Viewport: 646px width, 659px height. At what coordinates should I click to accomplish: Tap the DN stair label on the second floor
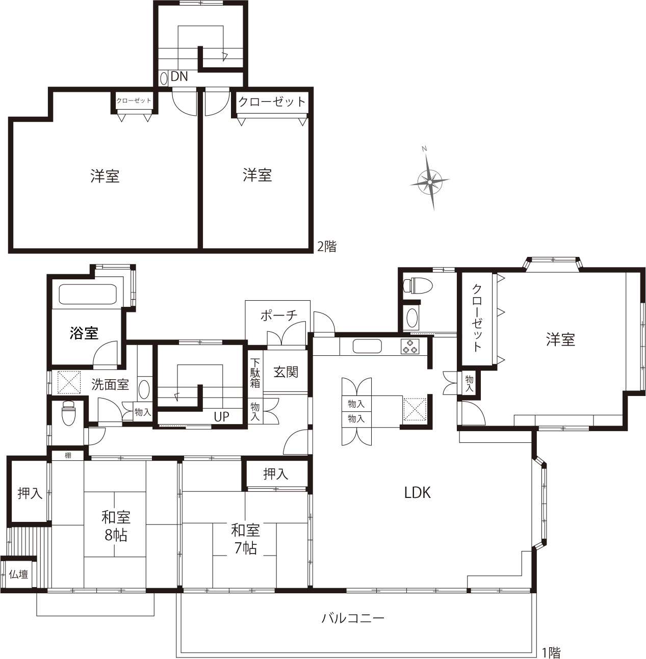tap(179, 76)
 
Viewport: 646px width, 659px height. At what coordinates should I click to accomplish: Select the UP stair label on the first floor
tap(221, 416)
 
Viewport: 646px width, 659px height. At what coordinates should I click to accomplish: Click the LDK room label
tap(418, 493)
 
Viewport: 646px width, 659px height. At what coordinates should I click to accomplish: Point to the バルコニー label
tap(353, 618)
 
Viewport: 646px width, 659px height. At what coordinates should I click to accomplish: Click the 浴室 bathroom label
tap(84, 333)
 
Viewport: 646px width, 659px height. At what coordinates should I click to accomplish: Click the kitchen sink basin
tap(367, 346)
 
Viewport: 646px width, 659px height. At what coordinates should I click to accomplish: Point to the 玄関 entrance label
tap(286, 372)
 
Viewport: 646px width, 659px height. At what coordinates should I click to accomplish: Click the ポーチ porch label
tap(279, 315)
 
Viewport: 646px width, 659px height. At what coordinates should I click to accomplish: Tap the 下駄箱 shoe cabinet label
tap(255, 373)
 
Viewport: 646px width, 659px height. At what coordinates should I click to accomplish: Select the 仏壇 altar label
tap(18, 574)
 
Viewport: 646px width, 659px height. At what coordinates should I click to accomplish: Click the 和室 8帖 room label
tap(116, 526)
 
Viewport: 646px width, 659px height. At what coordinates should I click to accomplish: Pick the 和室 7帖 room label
tap(245, 539)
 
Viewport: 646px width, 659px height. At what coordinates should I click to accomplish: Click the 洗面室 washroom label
tap(110, 385)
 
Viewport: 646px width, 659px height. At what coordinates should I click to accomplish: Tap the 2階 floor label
tap(327, 247)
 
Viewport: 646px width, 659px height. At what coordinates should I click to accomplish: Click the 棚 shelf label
tap(68, 456)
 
